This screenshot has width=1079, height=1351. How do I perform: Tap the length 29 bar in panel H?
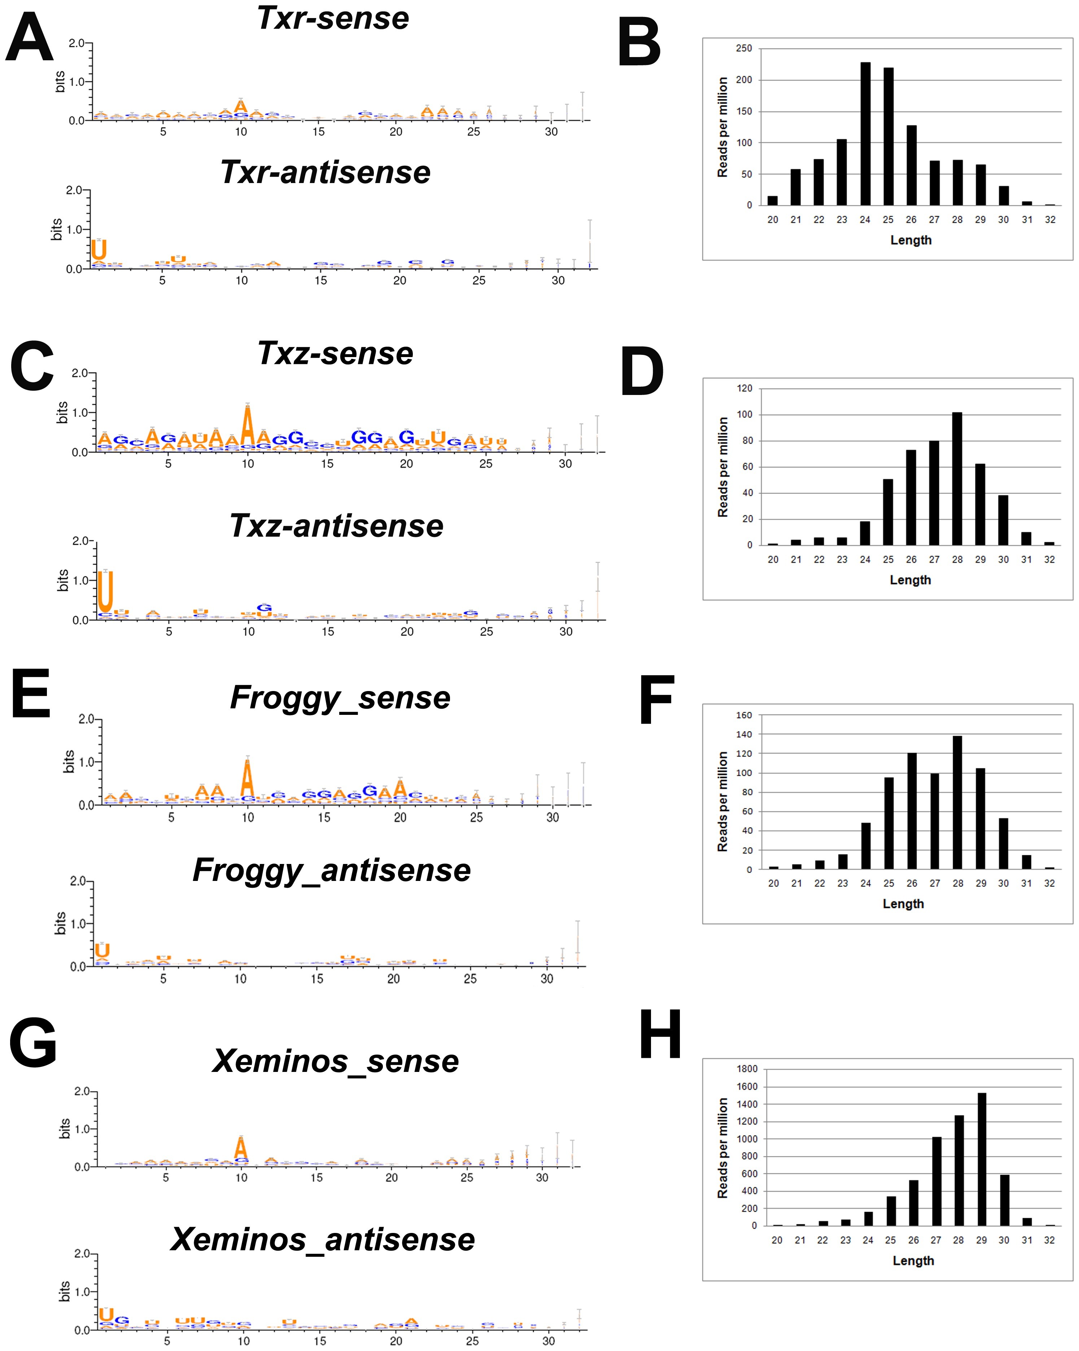981,1159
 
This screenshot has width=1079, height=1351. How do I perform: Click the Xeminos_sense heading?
336,1061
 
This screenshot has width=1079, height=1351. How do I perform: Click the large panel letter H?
660,1035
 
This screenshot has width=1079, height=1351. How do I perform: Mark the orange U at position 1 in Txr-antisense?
99,249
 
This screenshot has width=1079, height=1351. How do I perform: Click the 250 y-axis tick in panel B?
744,48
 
